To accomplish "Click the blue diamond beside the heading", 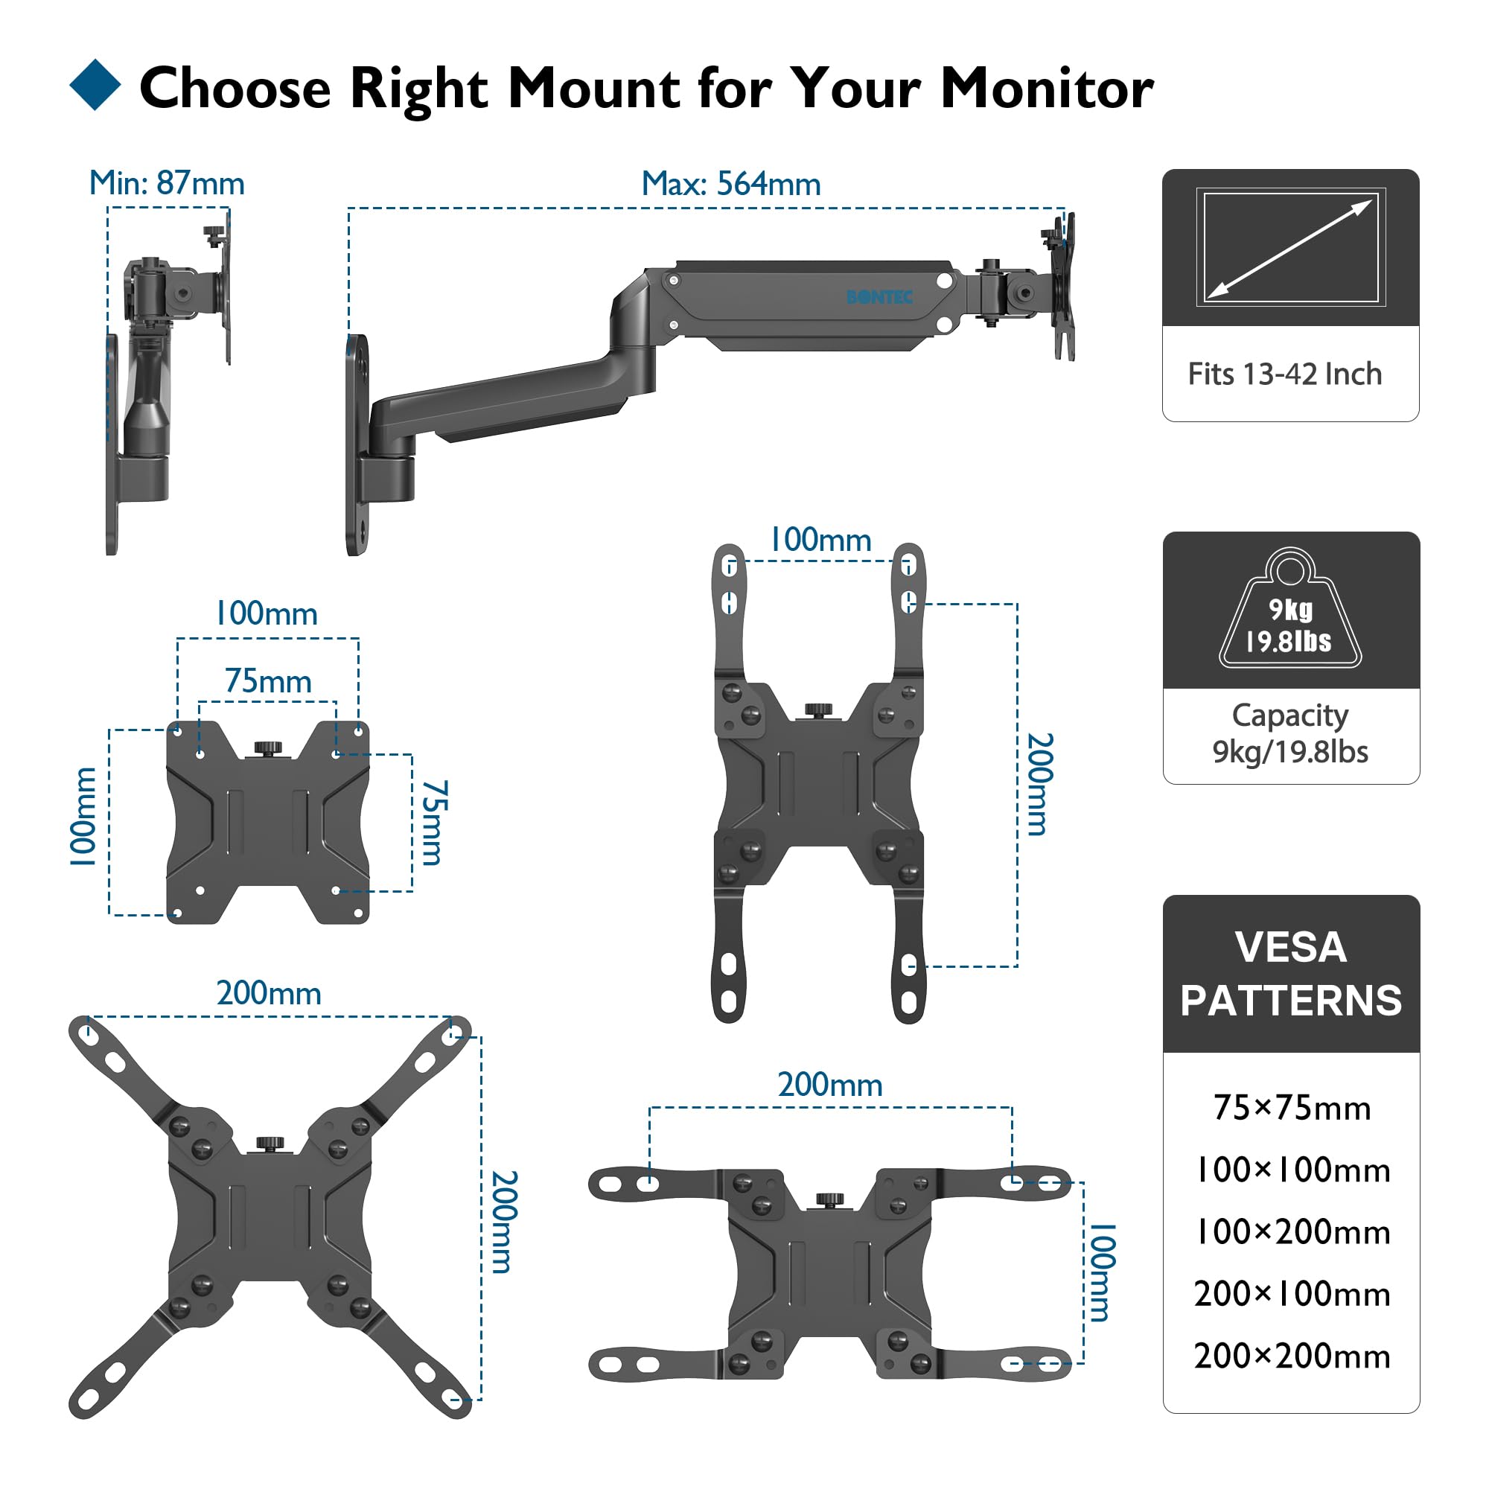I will coord(95,85).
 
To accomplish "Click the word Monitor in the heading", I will coord(1047,88).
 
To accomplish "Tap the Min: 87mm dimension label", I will coord(167,183).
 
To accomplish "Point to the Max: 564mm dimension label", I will coord(730,184).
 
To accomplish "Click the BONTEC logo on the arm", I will coord(879,298).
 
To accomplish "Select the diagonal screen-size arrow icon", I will coord(1290,247).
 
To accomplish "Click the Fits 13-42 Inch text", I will coord(1285,374).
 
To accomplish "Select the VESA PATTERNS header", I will coord(1291,973).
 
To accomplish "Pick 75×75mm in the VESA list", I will coord(1292,1108).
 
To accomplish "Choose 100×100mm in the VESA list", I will coord(1292,1170).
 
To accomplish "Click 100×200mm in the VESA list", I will coord(1292,1231).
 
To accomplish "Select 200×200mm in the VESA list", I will coord(1292,1356).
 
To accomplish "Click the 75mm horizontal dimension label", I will coord(268,682).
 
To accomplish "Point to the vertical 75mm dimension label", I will coord(434,823).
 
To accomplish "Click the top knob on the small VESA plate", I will coord(268,747).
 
